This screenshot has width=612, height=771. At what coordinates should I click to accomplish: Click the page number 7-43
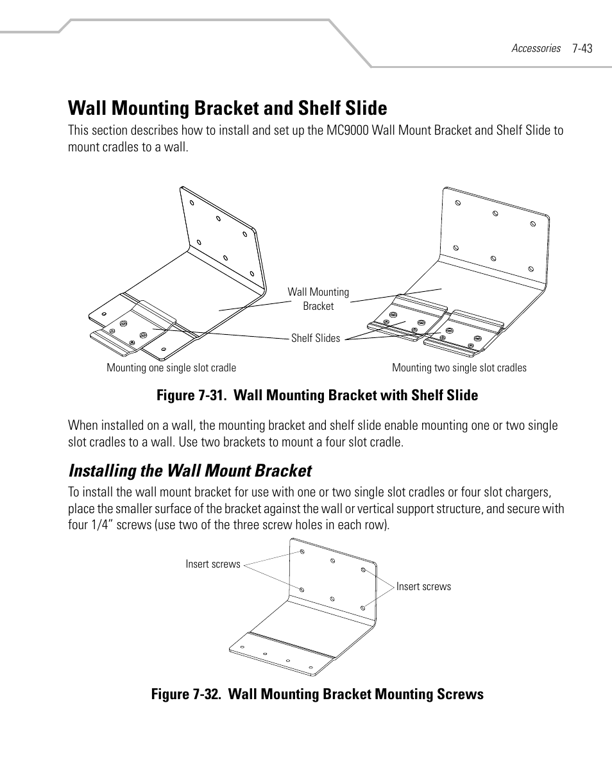pos(582,48)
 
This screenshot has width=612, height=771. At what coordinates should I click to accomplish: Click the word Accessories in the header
pos(536,48)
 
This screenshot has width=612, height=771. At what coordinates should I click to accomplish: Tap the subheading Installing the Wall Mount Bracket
pos(190,471)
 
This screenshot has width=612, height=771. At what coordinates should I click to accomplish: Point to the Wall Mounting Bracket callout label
pos(318,299)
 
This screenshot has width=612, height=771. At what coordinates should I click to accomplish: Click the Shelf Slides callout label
pos(316,338)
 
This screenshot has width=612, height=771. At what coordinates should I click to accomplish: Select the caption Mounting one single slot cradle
pos(171,368)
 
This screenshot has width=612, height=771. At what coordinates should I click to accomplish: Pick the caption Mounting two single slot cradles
pos(459,368)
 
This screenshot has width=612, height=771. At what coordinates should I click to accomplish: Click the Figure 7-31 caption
pos(318,395)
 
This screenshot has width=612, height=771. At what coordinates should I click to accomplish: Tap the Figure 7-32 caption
pos(318,694)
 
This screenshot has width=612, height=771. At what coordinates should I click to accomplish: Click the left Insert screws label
pos(213,564)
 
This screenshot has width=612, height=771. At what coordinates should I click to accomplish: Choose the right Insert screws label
pos(423,586)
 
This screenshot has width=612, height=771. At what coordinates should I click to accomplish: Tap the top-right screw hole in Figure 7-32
pos(363,570)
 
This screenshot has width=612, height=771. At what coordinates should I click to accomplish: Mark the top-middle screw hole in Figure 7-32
pos(333,561)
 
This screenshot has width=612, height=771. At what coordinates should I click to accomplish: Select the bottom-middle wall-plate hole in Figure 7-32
pos(332,598)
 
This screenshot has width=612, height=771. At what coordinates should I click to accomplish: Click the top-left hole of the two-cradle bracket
pos(458,203)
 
